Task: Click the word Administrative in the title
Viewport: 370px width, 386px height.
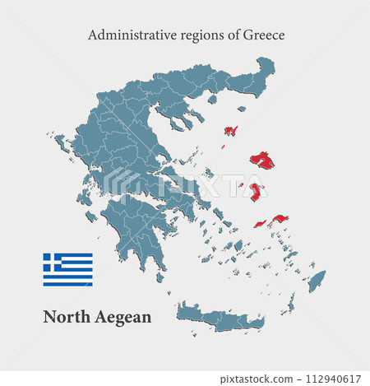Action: tap(127, 35)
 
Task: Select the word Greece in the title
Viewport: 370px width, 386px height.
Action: tap(261, 35)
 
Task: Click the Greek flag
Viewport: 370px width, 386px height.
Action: tap(67, 269)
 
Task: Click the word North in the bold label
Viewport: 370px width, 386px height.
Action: tap(65, 317)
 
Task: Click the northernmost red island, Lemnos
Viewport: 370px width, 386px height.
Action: tap(230, 130)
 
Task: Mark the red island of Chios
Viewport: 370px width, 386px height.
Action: tap(257, 193)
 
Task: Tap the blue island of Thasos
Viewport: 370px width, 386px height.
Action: tap(212, 100)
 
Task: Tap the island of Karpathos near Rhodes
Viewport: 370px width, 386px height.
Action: tap(291, 305)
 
